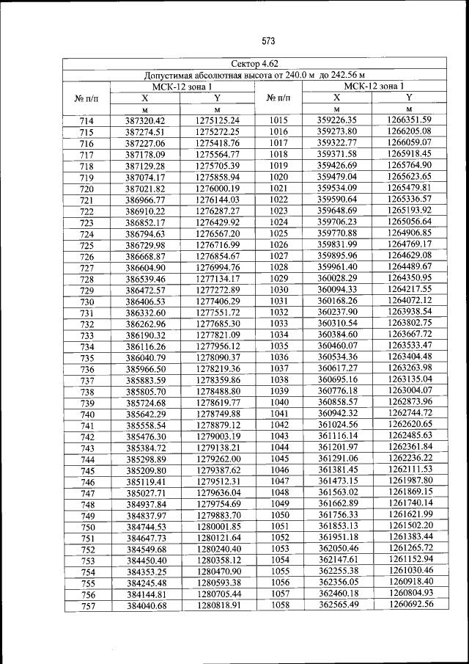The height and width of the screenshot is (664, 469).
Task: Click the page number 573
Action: (x=267, y=40)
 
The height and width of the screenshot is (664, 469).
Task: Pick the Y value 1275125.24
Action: (x=218, y=120)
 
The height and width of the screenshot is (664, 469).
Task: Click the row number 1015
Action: (x=279, y=120)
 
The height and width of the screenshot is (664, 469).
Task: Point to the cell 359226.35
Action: (x=336, y=120)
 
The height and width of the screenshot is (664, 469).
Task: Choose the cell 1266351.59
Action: (x=409, y=120)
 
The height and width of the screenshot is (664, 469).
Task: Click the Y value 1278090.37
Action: (x=218, y=357)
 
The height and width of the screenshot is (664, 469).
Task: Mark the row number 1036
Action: (x=279, y=357)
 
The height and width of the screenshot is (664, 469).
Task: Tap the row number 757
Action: (x=88, y=607)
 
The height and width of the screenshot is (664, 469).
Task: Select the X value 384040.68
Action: (x=147, y=606)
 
